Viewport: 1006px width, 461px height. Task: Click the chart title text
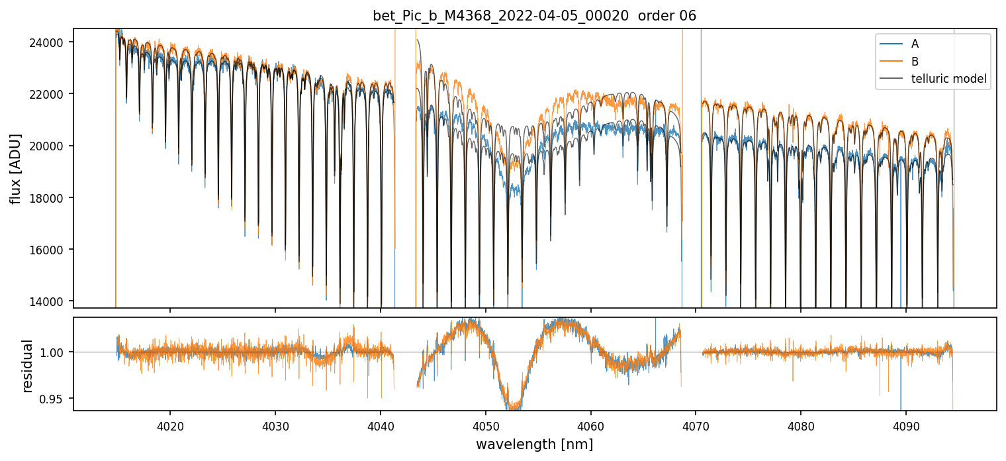point(534,16)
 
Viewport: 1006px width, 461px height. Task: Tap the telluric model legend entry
point(934,79)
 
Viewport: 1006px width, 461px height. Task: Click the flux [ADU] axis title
point(15,168)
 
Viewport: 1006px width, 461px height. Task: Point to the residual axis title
point(27,365)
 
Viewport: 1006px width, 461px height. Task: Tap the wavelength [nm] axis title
point(534,444)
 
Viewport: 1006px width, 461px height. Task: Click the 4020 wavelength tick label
point(170,425)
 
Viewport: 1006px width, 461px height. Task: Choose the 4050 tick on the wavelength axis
point(485,425)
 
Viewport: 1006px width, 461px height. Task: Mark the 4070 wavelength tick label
point(696,425)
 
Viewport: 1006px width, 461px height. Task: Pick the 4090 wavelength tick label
point(905,425)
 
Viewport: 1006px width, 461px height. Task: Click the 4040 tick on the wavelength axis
point(381,425)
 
